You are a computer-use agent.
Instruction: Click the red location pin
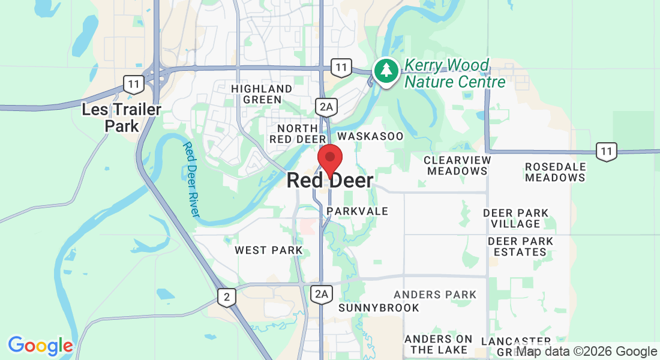click(x=329, y=158)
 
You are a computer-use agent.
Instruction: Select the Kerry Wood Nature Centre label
click(x=455, y=73)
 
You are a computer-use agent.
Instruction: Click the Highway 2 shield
click(x=226, y=297)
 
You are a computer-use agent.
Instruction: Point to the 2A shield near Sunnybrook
click(x=322, y=293)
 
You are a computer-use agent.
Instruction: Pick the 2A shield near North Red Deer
click(x=325, y=107)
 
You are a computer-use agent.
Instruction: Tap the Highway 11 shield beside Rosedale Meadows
click(x=607, y=151)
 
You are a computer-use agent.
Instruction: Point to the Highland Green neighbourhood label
click(x=262, y=94)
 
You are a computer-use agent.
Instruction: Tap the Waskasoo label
click(x=379, y=136)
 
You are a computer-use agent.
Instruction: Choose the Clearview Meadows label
click(x=457, y=166)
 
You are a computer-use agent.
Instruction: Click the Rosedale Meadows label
click(x=555, y=172)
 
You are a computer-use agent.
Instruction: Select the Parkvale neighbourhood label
click(x=357, y=211)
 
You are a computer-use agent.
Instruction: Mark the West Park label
click(x=268, y=250)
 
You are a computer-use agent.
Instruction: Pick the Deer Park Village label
click(x=516, y=218)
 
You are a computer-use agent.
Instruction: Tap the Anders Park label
click(x=435, y=295)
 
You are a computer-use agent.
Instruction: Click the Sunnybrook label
click(x=379, y=308)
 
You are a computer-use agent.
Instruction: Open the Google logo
click(x=40, y=346)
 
